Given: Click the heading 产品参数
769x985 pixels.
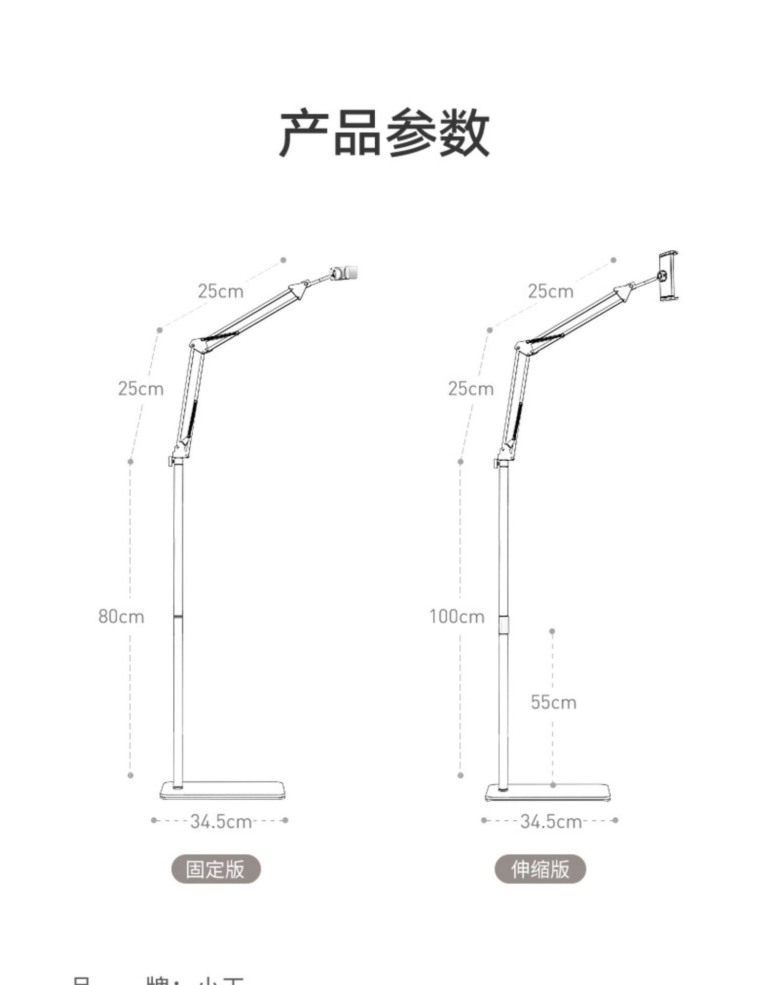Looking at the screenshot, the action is click(x=384, y=132).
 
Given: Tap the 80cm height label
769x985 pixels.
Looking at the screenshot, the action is click(x=121, y=616).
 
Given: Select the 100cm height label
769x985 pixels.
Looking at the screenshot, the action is click(x=456, y=616).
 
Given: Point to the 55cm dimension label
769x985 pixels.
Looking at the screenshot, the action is click(x=553, y=702).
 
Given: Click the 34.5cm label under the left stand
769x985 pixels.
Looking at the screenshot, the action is click(x=221, y=821).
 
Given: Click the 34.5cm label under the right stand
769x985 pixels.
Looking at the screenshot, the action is click(x=551, y=821).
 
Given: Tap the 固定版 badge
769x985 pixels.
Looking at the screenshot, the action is click(x=216, y=869).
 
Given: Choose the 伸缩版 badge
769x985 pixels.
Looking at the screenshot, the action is click(x=540, y=869).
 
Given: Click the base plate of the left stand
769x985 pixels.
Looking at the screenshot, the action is click(x=222, y=790).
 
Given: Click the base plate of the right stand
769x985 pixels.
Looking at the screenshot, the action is click(x=548, y=792).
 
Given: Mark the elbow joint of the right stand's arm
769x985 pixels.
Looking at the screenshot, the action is click(x=524, y=347).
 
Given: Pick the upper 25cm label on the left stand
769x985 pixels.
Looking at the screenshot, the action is click(x=220, y=291).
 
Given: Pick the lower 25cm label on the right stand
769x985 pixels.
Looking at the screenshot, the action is click(x=471, y=389).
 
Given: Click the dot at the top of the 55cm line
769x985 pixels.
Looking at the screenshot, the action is click(x=552, y=631).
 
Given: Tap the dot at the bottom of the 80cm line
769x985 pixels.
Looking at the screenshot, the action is click(x=130, y=775).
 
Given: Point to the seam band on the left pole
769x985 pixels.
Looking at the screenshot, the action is click(x=178, y=616).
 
